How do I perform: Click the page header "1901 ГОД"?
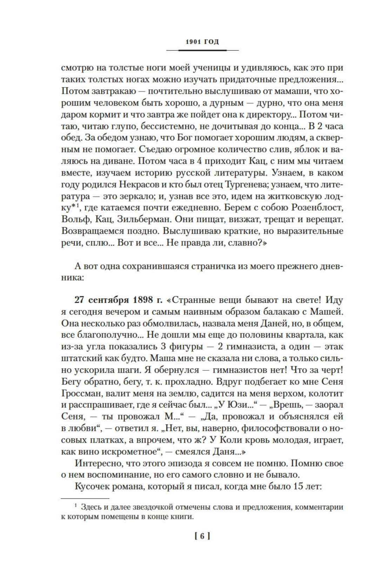point(202,42)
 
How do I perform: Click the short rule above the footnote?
point(85,498)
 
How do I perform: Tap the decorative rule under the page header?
point(202,51)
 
